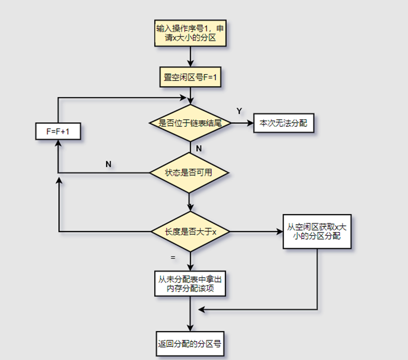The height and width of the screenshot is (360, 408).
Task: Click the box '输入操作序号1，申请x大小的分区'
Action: click(190, 33)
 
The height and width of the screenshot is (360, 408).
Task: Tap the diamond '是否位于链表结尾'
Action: click(190, 123)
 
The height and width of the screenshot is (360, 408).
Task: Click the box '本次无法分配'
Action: click(283, 123)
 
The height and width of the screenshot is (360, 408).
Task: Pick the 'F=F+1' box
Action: click(58, 132)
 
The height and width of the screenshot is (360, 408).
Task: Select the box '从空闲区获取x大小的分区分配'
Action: click(317, 231)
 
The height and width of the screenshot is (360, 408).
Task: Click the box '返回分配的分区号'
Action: click(190, 344)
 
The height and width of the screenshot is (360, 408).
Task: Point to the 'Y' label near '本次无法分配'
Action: click(239, 110)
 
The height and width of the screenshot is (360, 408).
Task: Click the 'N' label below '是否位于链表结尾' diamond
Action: click(199, 148)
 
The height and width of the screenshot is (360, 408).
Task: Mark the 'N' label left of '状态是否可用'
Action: click(108, 164)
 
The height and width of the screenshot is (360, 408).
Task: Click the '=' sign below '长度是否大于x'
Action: click(173, 258)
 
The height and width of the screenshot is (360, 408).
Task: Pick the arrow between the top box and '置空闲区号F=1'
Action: click(190, 57)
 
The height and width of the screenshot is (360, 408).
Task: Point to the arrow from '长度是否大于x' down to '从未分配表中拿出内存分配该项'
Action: click(190, 259)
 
